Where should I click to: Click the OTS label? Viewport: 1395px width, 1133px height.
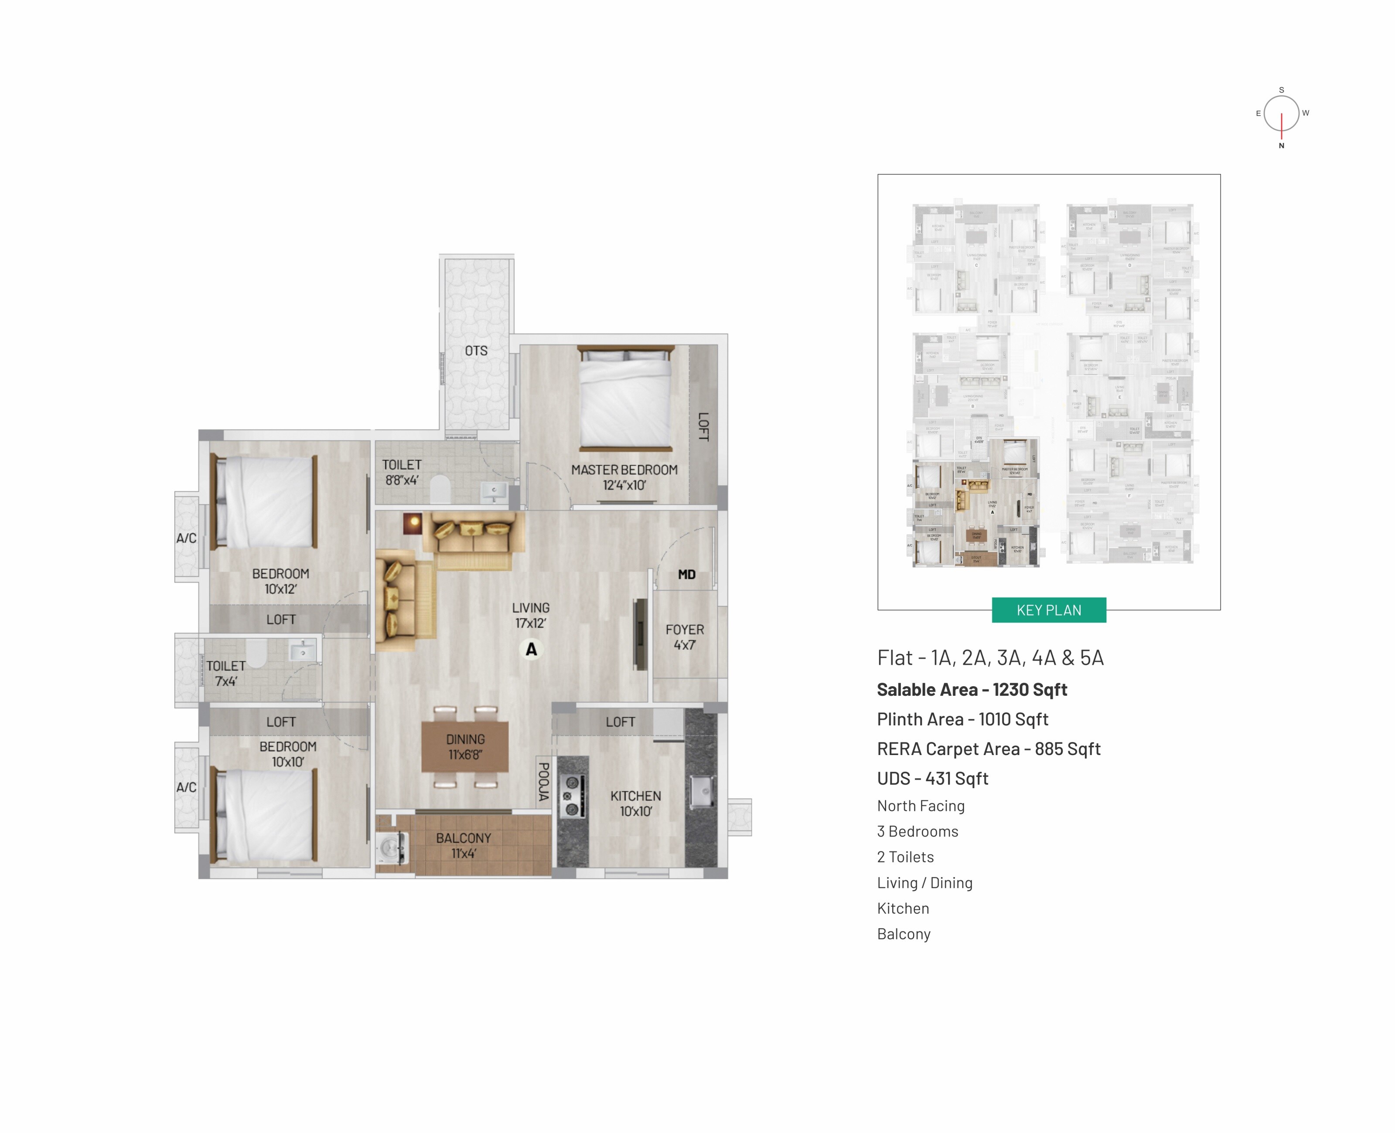[x=476, y=351]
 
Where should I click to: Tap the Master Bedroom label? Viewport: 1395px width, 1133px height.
[x=624, y=477]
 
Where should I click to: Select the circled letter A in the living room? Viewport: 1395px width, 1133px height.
[x=532, y=650]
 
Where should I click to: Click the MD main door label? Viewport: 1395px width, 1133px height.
[x=686, y=574]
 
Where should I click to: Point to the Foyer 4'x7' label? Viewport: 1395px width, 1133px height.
[x=685, y=637]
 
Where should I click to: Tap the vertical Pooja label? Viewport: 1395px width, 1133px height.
[x=543, y=781]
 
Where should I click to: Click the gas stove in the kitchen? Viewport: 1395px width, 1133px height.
[x=572, y=796]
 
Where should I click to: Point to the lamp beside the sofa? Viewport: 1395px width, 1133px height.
[x=413, y=523]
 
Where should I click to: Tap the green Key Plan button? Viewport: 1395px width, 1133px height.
[x=1048, y=610]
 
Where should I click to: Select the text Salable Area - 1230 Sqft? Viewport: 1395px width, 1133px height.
[x=971, y=690]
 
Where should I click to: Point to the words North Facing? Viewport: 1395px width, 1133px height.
[x=921, y=806]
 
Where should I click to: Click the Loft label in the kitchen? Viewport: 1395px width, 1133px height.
[x=620, y=722]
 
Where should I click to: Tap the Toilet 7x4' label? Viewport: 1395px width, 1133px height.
[x=226, y=674]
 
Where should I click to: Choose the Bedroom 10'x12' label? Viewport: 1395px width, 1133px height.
[x=281, y=581]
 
